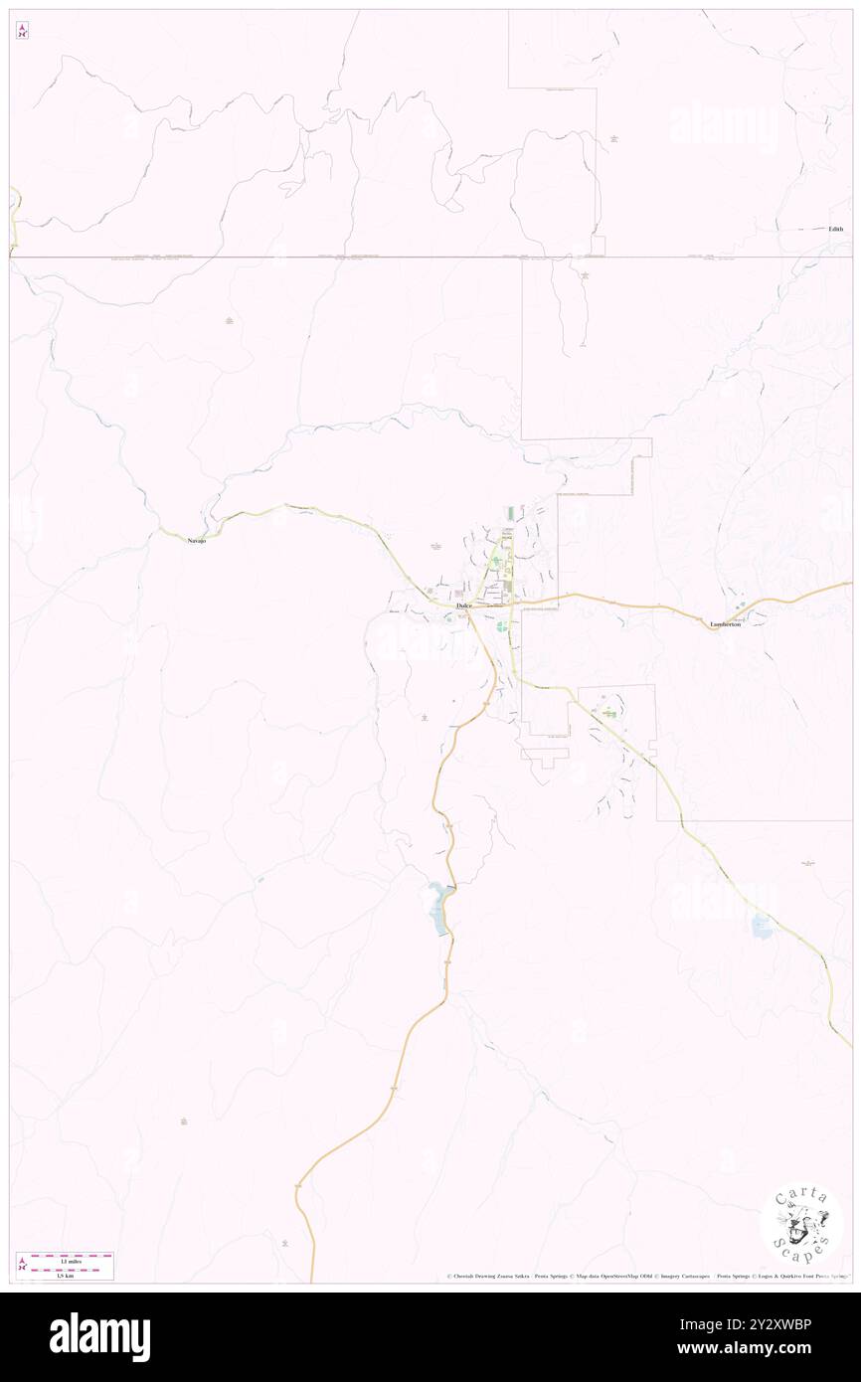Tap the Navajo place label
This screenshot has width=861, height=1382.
click(198, 539)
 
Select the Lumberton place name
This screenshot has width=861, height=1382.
click(726, 623)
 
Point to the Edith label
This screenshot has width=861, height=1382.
click(835, 229)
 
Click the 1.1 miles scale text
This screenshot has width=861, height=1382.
click(67, 1261)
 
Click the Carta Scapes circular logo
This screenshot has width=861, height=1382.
click(801, 1225)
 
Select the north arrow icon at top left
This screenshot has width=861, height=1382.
click(22, 31)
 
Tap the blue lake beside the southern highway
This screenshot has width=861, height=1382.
click(438, 909)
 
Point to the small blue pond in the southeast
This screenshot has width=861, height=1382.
click(763, 927)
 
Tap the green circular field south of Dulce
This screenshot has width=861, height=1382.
click(501, 626)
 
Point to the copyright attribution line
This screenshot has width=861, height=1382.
click(646, 1276)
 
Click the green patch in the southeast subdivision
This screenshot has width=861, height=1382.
click(605, 713)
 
